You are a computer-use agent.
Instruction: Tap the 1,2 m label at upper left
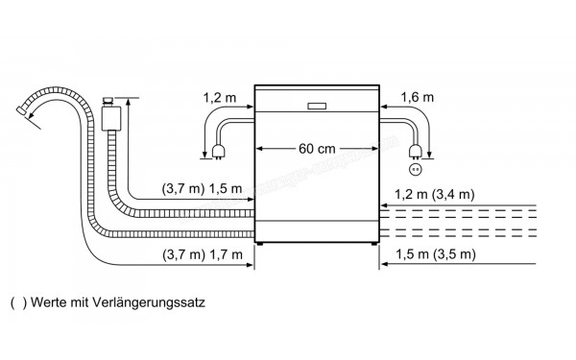tap(219, 97)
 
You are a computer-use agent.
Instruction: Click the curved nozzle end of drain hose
tap(22, 113)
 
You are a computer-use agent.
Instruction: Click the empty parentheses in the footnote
tap(13, 300)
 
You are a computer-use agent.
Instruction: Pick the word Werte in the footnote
tap(43, 300)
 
